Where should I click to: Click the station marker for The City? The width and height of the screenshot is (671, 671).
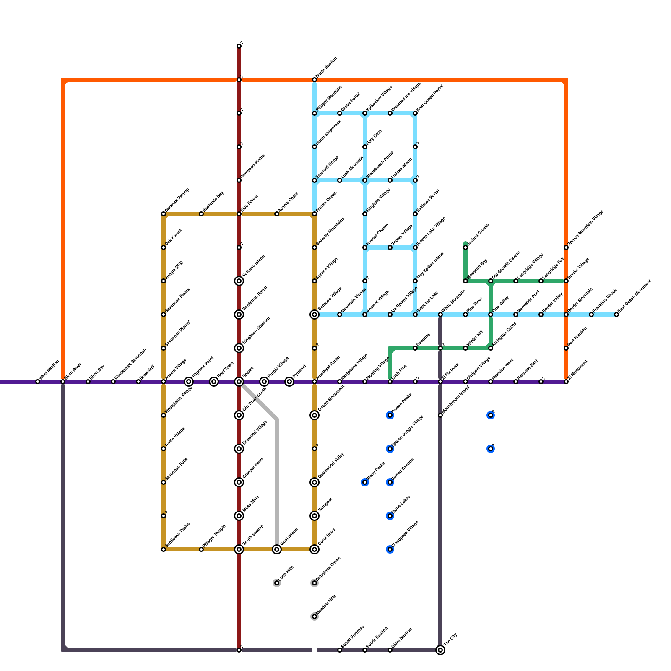pyautogui.click(x=440, y=650)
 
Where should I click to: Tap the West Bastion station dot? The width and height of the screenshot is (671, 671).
pyautogui.click(x=38, y=382)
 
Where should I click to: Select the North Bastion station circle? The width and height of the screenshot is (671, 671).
pyautogui.click(x=315, y=80)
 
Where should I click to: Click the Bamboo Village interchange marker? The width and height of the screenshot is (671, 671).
pyautogui.click(x=315, y=315)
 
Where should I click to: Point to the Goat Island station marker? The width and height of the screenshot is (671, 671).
pyautogui.click(x=277, y=549)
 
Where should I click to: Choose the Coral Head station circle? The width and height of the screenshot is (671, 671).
pyautogui.click(x=315, y=549)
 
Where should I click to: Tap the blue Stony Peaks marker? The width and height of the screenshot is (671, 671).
pyautogui.click(x=365, y=482)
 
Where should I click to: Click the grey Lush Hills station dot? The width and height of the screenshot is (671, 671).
pyautogui.click(x=277, y=583)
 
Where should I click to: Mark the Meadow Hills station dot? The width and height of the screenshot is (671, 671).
pyautogui.click(x=315, y=616)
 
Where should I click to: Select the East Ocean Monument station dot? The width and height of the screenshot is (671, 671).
pyautogui.click(x=616, y=315)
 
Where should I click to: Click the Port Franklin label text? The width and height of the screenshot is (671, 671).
pyautogui.click(x=578, y=336)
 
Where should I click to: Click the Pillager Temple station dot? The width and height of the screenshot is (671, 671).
pyautogui.click(x=201, y=549)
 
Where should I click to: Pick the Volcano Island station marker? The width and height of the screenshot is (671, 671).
pyautogui.click(x=239, y=281)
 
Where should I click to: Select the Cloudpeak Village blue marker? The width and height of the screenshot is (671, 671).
pyautogui.click(x=390, y=549)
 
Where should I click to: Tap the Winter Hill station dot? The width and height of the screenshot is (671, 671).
pyautogui.click(x=466, y=348)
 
